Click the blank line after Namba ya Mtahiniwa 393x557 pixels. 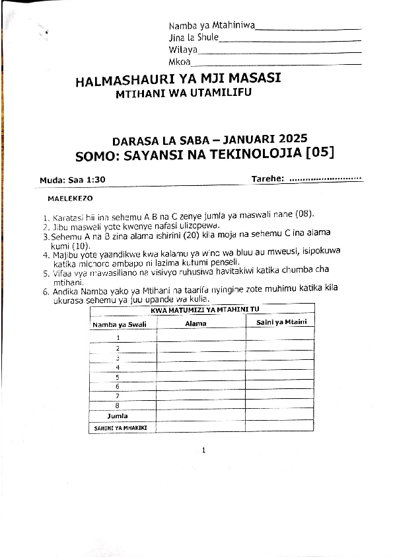coord(308,28)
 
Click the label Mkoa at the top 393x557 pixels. coord(179,62)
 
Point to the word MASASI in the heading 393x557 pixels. coord(254,79)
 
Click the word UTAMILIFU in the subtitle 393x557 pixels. coord(221,93)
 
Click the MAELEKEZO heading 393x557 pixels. coord(70,198)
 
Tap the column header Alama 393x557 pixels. coord(196,323)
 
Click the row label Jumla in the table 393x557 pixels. coord(118,416)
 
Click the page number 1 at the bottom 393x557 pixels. coord(204,450)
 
